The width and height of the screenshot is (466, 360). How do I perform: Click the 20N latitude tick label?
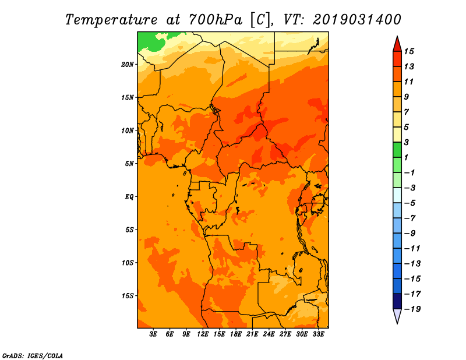[x=127, y=65]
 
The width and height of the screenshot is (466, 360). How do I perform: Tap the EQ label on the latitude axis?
[x=129, y=197]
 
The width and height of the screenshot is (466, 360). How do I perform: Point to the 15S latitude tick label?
[x=127, y=296]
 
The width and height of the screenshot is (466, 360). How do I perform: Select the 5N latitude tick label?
[x=129, y=164]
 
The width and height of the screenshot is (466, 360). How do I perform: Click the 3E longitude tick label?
[x=153, y=334]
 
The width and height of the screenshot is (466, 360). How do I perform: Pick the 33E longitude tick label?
[x=318, y=334]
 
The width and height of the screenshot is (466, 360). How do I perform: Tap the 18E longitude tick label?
[x=236, y=334]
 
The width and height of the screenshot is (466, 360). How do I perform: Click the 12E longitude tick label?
[x=203, y=334]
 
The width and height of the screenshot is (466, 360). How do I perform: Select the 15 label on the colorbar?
[x=409, y=51]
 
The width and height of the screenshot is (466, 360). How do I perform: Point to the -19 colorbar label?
[x=412, y=309]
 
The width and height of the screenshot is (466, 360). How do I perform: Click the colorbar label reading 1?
[x=406, y=157]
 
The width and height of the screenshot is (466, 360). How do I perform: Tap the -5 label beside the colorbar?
[x=410, y=203]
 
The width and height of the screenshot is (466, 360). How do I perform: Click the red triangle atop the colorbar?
[x=397, y=45]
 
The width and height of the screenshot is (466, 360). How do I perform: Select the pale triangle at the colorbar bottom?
[x=397, y=315]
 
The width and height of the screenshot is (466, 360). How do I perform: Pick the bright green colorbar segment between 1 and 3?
[x=397, y=150]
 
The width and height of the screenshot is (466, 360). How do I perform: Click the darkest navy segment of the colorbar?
[x=397, y=301]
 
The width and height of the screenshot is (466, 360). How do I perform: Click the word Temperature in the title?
[x=111, y=20]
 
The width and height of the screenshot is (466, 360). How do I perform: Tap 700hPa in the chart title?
[x=216, y=20]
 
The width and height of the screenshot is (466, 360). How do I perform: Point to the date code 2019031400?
[x=357, y=20]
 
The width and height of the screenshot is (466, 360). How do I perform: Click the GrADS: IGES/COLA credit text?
[x=33, y=356]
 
